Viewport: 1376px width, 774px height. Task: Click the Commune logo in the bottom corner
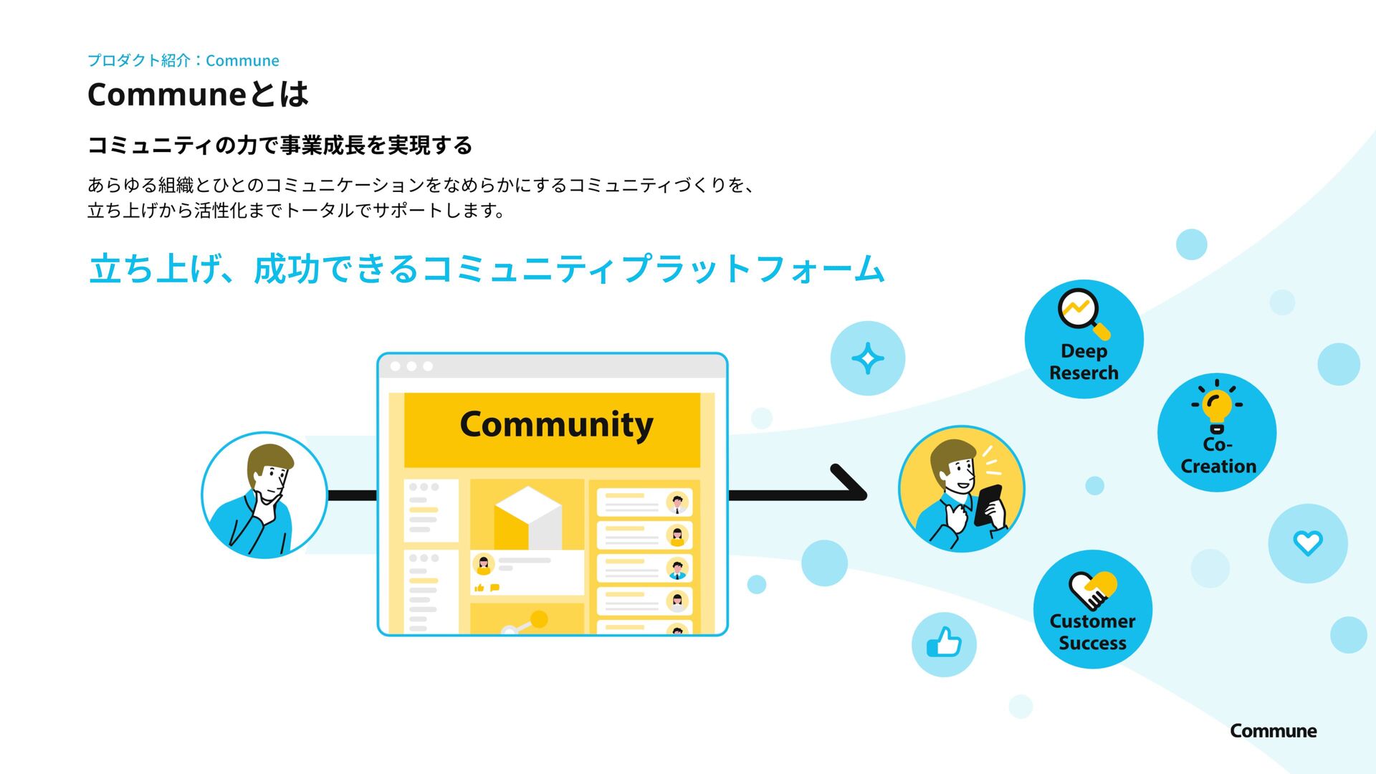1273,731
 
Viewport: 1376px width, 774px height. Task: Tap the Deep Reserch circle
1084,339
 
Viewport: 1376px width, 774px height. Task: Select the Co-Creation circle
1217,432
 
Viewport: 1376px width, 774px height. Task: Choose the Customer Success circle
1092,609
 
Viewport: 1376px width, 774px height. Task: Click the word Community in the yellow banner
556,424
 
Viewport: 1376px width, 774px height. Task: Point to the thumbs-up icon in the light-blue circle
944,644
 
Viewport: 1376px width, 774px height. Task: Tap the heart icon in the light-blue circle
1307,543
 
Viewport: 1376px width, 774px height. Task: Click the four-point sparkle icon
867,358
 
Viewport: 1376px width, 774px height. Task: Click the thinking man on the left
264,495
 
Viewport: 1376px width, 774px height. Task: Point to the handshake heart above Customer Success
1092,589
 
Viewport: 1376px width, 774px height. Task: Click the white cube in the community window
528,517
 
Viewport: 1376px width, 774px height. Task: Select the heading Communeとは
198,94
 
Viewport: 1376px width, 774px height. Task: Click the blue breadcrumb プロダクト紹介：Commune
183,60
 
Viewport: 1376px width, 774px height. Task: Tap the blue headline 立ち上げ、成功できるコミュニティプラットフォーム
487,269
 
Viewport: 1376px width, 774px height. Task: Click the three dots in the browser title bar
411,366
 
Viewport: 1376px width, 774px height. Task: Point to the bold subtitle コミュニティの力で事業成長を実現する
279,145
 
